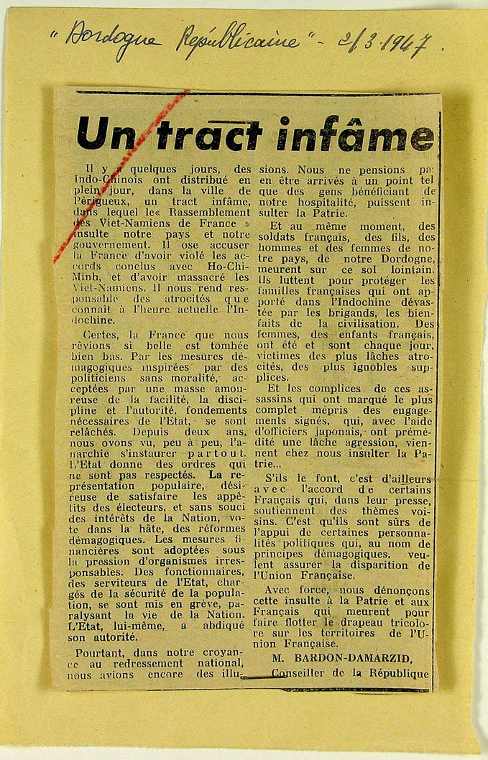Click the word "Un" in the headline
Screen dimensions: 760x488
click(106, 135)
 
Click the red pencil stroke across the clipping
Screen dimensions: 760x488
click(122, 177)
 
